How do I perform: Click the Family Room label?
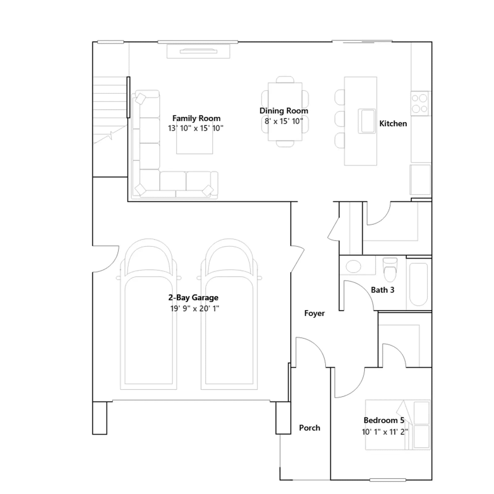196,118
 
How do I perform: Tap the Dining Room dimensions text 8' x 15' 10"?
284,121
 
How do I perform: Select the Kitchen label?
393,124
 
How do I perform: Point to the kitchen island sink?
367,121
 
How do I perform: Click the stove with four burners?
420,103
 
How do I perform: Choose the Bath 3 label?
383,290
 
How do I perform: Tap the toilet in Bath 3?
390,270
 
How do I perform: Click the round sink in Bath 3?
353,266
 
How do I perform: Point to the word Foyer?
314,313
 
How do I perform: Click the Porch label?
310,428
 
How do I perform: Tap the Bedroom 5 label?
384,420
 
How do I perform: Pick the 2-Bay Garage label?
193,298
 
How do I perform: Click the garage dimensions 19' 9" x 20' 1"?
195,308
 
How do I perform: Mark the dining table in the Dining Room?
285,111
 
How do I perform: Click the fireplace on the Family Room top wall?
199,51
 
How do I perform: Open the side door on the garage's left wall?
106,259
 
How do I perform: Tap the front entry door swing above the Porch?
310,352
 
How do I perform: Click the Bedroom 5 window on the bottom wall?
388,480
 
